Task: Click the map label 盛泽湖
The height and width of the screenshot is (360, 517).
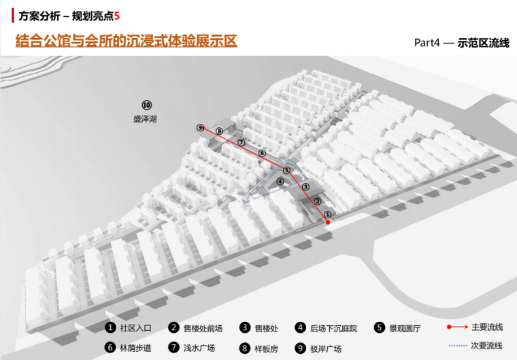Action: coord(145,118)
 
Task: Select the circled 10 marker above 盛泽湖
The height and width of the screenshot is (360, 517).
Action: coord(146,105)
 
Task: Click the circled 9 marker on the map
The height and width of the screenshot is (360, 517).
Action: coord(200,127)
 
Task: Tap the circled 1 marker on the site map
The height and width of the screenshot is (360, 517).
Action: coord(327,214)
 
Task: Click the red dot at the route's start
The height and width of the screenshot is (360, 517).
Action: coord(329,223)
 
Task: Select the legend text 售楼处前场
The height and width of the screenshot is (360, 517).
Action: coord(202,328)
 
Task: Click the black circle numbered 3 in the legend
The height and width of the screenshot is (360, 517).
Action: coord(244,328)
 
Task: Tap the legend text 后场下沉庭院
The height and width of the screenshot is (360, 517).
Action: coord(333,328)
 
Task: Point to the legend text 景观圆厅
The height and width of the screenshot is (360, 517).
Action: coord(405,328)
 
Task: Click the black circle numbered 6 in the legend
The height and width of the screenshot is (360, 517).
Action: coord(110,348)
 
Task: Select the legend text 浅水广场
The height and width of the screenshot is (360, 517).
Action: coord(199,348)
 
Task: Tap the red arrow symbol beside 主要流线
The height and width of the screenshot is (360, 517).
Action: coord(456,327)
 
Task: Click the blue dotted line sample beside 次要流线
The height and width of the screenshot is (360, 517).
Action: coord(457,346)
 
